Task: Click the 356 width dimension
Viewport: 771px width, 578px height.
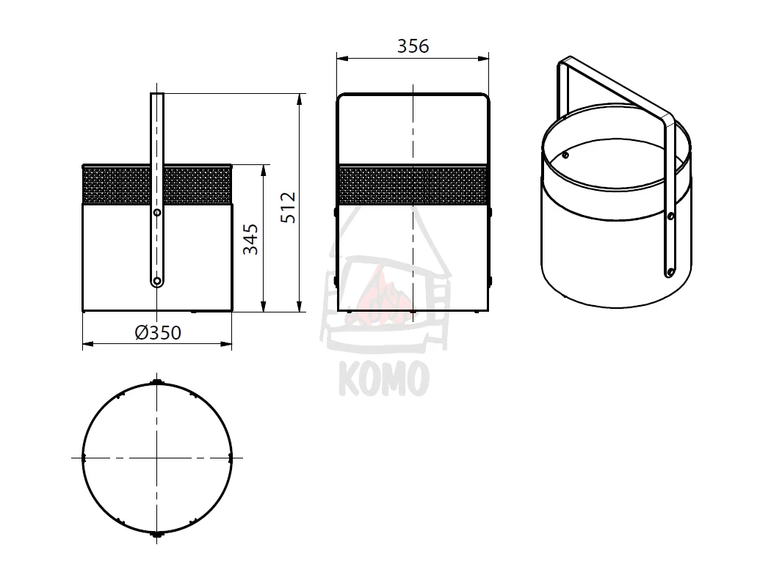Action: click(413, 46)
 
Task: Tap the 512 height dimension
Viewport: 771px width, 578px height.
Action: click(289, 208)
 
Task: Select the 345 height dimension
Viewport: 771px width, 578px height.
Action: click(251, 239)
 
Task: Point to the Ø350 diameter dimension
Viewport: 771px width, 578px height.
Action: click(158, 333)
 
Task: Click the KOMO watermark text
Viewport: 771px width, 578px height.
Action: click(384, 378)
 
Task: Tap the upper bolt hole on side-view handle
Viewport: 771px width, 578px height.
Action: click(157, 213)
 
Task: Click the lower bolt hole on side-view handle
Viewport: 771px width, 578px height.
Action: click(157, 281)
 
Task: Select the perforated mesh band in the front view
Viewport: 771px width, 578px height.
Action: click(413, 185)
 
